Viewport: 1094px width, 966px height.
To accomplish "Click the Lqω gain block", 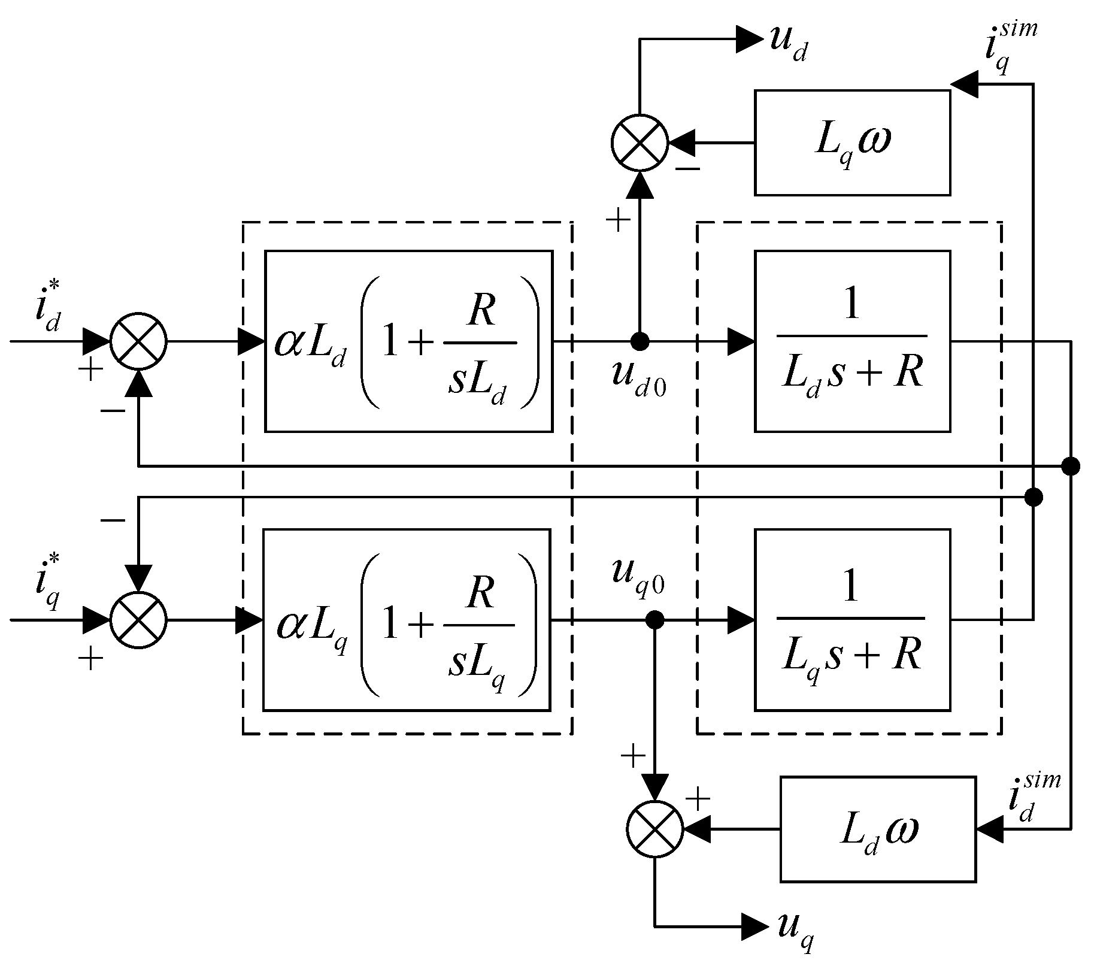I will [851, 143].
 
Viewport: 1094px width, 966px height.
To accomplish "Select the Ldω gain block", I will [878, 829].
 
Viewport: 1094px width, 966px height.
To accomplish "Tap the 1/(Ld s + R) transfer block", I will [851, 341].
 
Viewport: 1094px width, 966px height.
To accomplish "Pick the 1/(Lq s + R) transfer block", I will [851, 620].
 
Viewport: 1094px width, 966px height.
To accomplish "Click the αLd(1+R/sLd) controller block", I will [408, 341].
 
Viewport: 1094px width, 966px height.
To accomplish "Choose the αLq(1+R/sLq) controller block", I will [407, 620].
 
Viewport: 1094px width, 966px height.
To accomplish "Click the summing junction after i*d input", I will [138, 341].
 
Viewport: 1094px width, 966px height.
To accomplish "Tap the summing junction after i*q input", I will [138, 620].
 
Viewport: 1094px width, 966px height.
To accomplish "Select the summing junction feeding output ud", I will [640, 143].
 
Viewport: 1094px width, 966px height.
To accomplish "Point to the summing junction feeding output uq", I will [654, 829].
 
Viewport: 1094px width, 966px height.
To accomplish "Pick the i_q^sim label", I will [1008, 48].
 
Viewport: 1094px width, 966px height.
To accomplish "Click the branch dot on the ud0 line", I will [640, 341].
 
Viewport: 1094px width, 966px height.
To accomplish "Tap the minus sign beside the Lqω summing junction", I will [687, 169].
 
